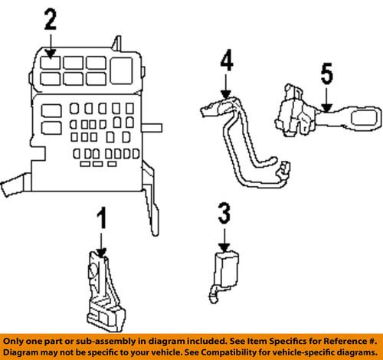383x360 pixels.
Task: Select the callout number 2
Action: [x=50, y=18]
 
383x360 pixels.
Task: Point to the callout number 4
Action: [x=226, y=60]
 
